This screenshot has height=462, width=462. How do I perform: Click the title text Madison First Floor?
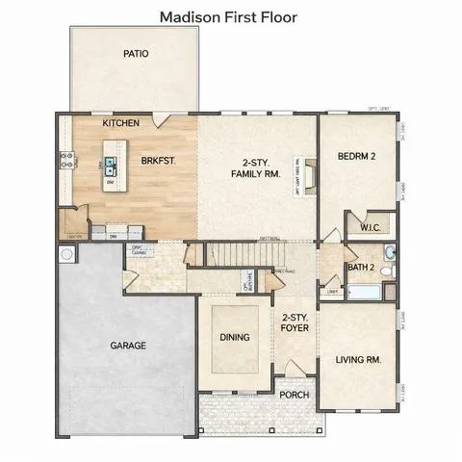[x=228, y=16]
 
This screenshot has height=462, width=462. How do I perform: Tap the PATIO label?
[x=136, y=54]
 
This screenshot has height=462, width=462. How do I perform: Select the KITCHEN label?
[x=122, y=123]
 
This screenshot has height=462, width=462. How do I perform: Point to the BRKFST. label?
[x=158, y=162]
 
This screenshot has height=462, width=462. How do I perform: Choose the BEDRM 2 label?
[x=356, y=156]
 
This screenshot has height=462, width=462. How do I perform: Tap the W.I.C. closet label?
[x=371, y=228]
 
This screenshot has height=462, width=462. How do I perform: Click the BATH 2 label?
[x=361, y=267]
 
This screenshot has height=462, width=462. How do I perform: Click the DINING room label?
[x=235, y=338]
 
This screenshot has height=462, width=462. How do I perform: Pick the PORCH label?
[x=294, y=396]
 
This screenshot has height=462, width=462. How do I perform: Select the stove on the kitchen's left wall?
[x=66, y=162]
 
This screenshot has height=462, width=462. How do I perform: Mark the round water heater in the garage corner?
[x=66, y=256]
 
